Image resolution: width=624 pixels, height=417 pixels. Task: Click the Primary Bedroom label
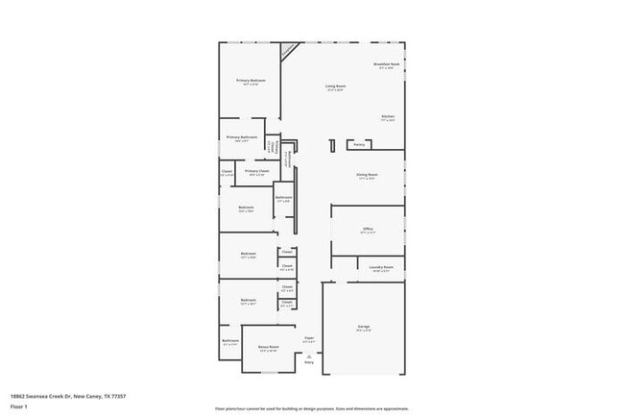(251, 81)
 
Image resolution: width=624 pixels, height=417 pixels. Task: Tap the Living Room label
(334, 86)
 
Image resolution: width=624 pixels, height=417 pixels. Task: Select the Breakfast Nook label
(386, 64)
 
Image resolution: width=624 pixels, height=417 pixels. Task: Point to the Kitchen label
(388, 117)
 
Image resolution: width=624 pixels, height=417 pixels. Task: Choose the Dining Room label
(368, 175)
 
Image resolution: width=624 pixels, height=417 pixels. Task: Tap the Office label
(368, 229)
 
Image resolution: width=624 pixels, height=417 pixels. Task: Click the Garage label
(364, 327)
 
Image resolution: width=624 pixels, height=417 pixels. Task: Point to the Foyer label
(309, 338)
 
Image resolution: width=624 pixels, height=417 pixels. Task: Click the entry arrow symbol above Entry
(309, 356)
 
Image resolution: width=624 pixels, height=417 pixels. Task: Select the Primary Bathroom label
(241, 137)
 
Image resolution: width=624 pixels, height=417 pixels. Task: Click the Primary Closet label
(256, 171)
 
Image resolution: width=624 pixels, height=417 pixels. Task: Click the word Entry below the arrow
(309, 362)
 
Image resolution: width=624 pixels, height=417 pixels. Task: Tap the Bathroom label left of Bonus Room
(230, 341)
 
